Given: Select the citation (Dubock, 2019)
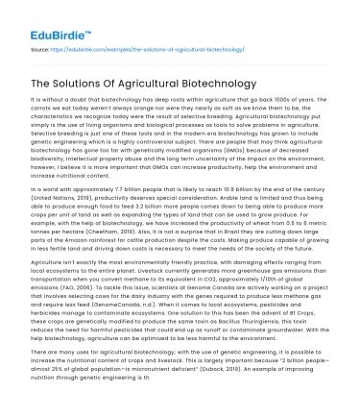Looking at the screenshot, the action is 253,378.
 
